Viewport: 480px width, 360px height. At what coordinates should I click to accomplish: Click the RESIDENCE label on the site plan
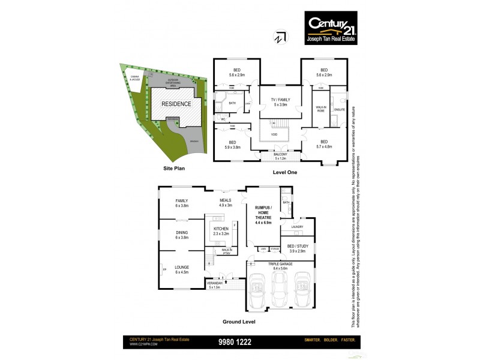pos(176,104)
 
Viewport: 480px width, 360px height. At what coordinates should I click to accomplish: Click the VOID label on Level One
pos(274,134)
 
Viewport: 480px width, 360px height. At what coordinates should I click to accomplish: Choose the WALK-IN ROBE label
pos(320,109)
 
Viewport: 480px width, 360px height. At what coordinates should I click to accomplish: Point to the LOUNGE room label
pos(181,268)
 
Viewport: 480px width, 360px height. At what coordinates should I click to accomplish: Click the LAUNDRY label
pos(296,227)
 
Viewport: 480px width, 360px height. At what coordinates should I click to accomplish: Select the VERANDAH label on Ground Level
pos(215,284)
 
